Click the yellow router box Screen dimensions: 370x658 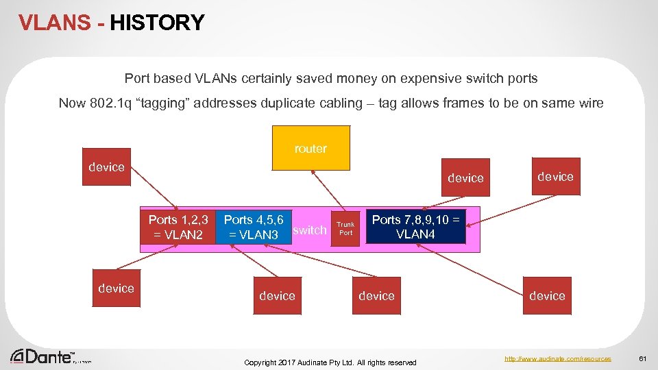pyautogui.click(x=310, y=147)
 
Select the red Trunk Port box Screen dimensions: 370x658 pyautogui.click(x=346, y=228)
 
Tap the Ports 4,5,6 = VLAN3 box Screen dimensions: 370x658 pyautogui.click(x=254, y=227)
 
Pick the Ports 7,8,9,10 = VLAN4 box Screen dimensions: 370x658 pyautogui.click(x=415, y=227)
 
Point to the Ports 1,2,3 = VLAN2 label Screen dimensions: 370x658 pyautogui.click(x=178, y=227)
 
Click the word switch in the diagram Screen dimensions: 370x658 pyautogui.click(x=310, y=230)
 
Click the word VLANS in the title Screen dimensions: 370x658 pyautogui.click(x=54, y=23)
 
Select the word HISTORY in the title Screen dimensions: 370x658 pyautogui.click(x=157, y=23)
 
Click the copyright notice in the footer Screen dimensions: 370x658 pyautogui.click(x=330, y=362)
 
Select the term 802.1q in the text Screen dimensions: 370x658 pyautogui.click(x=109, y=103)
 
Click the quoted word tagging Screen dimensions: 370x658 pyautogui.click(x=163, y=103)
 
